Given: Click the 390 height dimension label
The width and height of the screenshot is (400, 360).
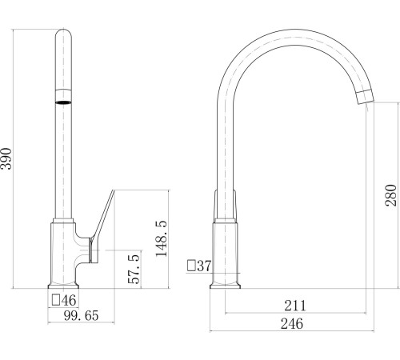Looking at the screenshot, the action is pyautogui.click(x=6, y=158).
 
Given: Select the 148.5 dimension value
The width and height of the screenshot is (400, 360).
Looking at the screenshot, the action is pyautogui.click(x=162, y=238).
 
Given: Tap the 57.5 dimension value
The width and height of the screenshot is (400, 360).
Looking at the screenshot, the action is pyautogui.click(x=134, y=269).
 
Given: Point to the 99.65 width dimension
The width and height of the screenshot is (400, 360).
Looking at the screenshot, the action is pyautogui.click(x=82, y=315).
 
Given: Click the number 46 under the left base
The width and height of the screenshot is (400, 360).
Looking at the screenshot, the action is pyautogui.click(x=69, y=300).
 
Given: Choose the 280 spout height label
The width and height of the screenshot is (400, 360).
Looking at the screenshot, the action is pyautogui.click(x=390, y=195).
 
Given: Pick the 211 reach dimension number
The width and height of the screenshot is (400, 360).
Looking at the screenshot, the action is pyautogui.click(x=295, y=306).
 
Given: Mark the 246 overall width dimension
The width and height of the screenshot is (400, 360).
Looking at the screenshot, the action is pyautogui.click(x=292, y=324).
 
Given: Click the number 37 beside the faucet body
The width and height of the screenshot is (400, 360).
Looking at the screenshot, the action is pyautogui.click(x=204, y=266).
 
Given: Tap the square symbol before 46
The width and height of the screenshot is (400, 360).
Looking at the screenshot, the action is pyautogui.click(x=56, y=300).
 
